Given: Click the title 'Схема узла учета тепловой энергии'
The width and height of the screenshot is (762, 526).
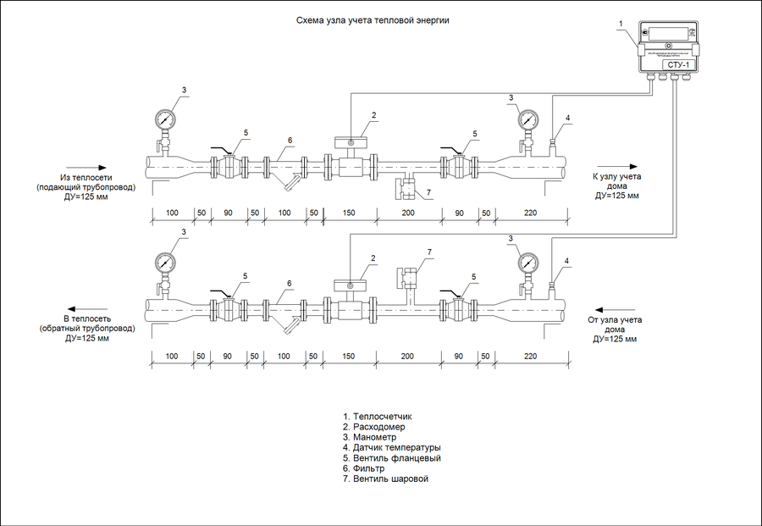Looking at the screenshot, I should (x=371, y=19).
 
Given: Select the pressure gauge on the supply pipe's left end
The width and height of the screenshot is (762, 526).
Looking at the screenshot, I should (x=164, y=118).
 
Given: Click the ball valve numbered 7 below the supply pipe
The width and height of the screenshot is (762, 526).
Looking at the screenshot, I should (x=408, y=188).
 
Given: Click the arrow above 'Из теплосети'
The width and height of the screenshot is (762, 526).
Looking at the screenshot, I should (x=86, y=167).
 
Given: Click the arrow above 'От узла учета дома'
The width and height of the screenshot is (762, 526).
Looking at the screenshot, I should (x=615, y=308).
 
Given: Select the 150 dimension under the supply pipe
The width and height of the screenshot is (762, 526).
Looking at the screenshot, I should (x=349, y=212).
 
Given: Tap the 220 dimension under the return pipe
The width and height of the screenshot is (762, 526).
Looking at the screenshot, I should (x=531, y=357).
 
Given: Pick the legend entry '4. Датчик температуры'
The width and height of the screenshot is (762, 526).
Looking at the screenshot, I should (x=391, y=447).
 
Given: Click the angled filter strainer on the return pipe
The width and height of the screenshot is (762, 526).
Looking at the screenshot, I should (x=290, y=326).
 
